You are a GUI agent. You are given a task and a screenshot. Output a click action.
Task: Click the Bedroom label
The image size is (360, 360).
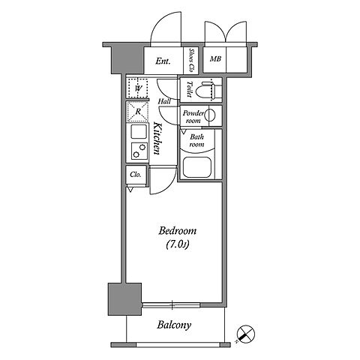tap(177, 230)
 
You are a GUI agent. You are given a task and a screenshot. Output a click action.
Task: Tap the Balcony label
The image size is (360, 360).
tap(174, 325)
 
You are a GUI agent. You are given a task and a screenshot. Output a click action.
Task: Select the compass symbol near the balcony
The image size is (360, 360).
tap(245, 334)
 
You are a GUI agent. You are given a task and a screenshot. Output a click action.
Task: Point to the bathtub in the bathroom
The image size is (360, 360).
tap(197, 167)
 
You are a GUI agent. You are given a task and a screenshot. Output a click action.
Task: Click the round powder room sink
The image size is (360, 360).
tap(210, 115)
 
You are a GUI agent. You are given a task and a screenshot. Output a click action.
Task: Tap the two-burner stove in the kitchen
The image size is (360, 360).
tap(139, 151)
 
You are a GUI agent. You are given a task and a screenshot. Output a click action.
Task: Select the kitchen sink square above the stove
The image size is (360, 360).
tap(139, 131)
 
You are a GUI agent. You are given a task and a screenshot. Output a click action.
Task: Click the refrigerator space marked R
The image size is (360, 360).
tap(138, 112)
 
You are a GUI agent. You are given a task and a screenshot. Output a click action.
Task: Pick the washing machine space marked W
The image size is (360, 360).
tap(137, 88)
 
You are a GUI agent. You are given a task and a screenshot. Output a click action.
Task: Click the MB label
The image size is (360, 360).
tap(215, 59)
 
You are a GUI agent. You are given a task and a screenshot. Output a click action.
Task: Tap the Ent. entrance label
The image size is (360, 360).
tap(163, 61)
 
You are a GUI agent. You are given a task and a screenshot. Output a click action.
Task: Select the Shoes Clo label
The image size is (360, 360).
tap(191, 60)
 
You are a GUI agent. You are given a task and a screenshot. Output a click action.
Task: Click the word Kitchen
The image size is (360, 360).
tap(157, 138)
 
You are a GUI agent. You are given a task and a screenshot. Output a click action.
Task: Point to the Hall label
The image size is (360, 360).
tap(164, 101)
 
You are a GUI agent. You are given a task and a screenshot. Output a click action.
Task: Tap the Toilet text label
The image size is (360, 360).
tap(189, 89)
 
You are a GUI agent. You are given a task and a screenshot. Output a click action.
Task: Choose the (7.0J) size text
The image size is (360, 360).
tap(177, 245)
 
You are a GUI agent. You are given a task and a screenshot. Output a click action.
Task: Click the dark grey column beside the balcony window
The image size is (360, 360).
tap(124, 299)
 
